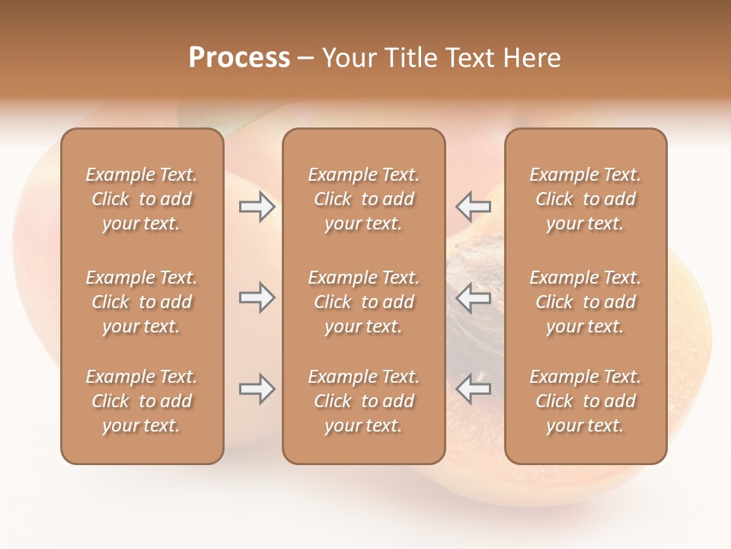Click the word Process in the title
(239, 58)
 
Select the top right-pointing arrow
(257, 207)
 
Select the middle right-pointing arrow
(257, 297)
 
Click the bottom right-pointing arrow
(257, 389)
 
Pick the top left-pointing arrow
(474, 206)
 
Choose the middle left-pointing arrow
(474, 297)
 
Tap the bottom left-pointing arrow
(474, 389)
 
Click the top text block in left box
(142, 199)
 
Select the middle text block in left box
(142, 302)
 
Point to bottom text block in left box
(142, 401)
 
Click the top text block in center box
(363, 199)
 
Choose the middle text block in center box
(363, 302)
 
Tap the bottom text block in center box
(363, 401)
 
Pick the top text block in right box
(586, 199)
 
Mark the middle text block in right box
(586, 302)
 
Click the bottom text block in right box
(586, 401)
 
